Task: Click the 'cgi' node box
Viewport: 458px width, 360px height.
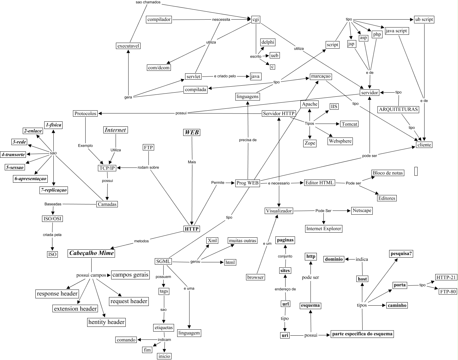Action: click(256, 19)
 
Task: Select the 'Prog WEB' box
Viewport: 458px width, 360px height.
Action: click(248, 183)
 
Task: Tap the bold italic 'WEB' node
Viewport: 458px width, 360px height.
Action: click(191, 132)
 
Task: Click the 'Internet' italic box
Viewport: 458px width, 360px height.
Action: click(115, 130)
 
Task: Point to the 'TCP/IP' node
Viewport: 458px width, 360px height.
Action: click(107, 168)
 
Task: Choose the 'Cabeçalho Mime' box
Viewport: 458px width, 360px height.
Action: click(91, 253)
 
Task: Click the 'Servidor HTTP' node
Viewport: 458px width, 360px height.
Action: click(279, 113)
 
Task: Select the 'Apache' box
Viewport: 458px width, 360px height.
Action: click(310, 104)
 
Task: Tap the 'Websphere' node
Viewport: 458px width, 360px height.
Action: click(340, 141)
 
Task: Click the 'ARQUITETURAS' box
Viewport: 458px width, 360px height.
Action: click(398, 109)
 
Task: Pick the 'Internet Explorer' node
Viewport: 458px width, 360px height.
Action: click(324, 229)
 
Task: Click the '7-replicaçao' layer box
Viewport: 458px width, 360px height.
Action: click(54, 190)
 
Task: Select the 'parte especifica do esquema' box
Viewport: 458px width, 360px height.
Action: click(362, 334)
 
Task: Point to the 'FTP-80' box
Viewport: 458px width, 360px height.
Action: click(448, 291)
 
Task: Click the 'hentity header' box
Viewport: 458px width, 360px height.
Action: click(106, 322)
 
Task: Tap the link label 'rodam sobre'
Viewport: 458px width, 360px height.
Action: click(148, 167)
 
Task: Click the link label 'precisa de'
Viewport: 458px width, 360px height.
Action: click(248, 140)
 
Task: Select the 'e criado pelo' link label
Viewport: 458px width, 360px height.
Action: click(225, 76)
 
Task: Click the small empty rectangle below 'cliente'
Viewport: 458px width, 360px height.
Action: click(416, 171)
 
